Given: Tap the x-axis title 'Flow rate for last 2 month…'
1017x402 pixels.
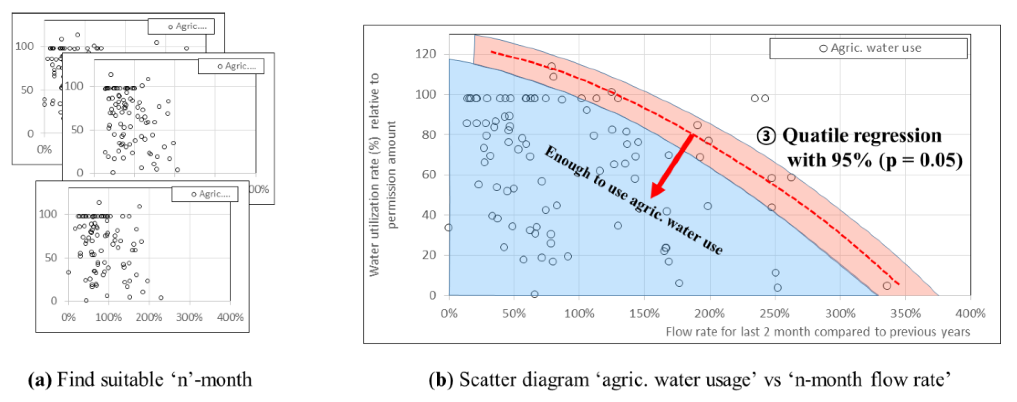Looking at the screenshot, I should pos(817,332).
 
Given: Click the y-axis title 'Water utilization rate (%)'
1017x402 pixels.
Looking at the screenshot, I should pos(374,174).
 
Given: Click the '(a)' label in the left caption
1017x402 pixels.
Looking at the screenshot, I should pos(40,380).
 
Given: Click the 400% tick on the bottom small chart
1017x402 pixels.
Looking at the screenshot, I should pos(230,317).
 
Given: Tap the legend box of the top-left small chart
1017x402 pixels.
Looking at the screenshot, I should pos(181,26).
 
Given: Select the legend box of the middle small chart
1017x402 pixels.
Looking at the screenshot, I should pos(231,66).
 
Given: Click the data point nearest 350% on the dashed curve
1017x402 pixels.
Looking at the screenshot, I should pos(887,286).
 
